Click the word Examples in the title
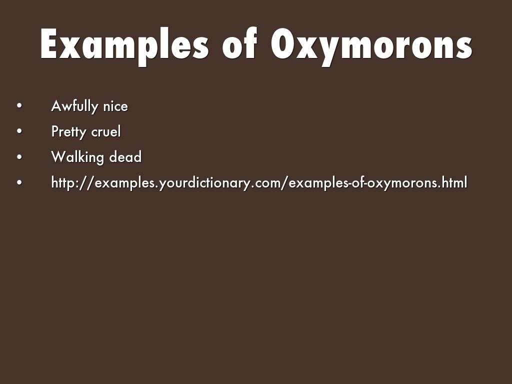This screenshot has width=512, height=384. tap(124, 45)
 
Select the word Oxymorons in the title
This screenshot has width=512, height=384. tap(371, 45)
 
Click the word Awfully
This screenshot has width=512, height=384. tap(75, 106)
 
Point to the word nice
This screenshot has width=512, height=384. tap(115, 106)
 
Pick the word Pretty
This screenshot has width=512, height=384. tap(68, 132)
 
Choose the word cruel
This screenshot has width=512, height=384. tap(106, 131)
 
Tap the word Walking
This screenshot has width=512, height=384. tap(77, 157)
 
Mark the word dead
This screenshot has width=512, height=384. tap(125, 156)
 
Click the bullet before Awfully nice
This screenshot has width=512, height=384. tap(19, 106)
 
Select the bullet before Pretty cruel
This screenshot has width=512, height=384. tap(19, 131)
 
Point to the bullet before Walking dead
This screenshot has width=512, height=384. tap(19, 156)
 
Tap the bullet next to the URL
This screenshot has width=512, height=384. tap(19, 182)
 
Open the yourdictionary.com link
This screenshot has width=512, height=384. tap(259, 182)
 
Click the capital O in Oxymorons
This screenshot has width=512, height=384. tap(283, 43)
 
